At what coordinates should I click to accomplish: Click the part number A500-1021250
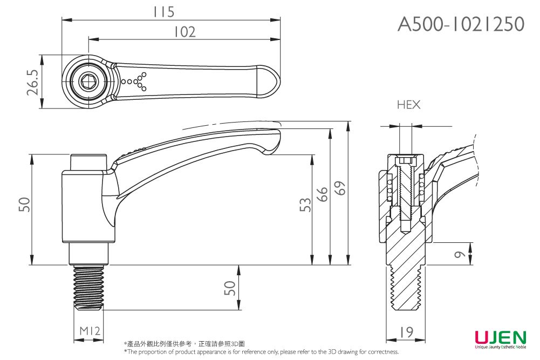click(461, 24)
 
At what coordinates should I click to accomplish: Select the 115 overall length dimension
click(163, 11)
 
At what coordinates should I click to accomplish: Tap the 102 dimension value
click(184, 32)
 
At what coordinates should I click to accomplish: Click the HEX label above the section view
click(408, 105)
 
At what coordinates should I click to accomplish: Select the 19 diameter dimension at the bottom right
click(407, 332)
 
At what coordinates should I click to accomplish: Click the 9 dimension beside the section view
click(459, 254)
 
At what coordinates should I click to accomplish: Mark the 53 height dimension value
click(305, 205)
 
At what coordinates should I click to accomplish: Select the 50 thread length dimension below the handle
click(230, 288)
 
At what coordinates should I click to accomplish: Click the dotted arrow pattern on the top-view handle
click(135, 81)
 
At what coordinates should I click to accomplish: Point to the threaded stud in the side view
click(88, 289)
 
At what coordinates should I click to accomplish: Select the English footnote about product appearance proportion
click(262, 352)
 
